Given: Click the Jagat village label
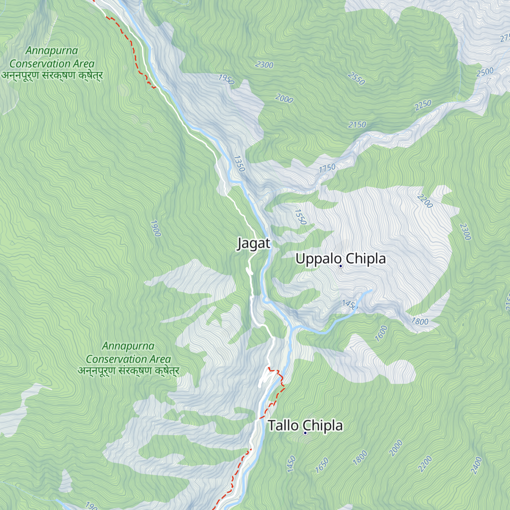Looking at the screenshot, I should (x=253, y=244).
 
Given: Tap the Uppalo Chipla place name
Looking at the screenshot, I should (x=340, y=258).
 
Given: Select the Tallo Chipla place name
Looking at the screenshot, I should (x=305, y=425).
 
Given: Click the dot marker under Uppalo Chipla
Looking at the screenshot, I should (x=340, y=266).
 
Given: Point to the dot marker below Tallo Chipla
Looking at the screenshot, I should (x=305, y=433).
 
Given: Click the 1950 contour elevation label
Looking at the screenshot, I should (x=226, y=79).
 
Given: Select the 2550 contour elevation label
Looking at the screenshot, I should (x=356, y=78).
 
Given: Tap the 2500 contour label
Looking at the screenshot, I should (x=485, y=72).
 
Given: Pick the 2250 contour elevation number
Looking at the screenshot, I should (x=423, y=105).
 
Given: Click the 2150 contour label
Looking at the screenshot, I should (x=357, y=125).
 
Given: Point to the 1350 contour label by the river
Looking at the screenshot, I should (x=239, y=164).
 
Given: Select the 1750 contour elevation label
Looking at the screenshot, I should (x=327, y=168).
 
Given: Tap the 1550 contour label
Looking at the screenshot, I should (x=300, y=217).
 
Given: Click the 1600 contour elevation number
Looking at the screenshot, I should (x=381, y=333).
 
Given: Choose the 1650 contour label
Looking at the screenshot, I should (x=322, y=465).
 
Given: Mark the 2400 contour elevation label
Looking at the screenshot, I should (x=476, y=465).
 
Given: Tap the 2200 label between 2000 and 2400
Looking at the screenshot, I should (x=425, y=463).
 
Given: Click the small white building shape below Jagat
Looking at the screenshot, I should (x=249, y=271).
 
